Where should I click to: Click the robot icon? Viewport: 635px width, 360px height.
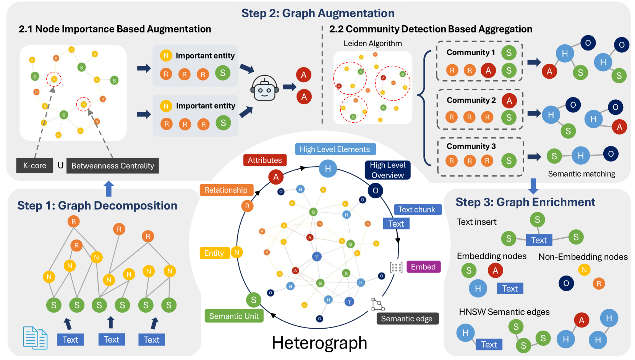click(x=264, y=88)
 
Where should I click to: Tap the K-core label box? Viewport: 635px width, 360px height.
click(x=35, y=165)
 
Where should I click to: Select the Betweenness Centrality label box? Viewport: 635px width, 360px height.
click(x=113, y=166)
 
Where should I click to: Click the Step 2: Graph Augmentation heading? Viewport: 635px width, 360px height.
click(x=318, y=13)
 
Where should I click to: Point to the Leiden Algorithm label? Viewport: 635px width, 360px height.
click(x=373, y=44)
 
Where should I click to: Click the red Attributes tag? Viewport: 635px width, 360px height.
click(x=265, y=160)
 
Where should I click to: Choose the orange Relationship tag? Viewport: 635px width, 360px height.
click(x=226, y=190)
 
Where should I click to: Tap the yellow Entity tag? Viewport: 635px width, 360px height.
click(x=214, y=253)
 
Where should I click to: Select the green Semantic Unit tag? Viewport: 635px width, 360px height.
click(x=234, y=316)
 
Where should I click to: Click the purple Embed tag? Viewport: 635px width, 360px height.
click(x=423, y=267)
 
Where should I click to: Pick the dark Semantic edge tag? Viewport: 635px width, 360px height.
click(x=407, y=319)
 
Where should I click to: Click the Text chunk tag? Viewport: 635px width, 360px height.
click(x=417, y=209)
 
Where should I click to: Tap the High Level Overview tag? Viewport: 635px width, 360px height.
click(x=387, y=170)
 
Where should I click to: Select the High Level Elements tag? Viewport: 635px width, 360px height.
click(x=335, y=149)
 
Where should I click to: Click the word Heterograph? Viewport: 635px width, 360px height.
click(x=319, y=343)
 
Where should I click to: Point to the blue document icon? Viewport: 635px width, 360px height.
click(x=35, y=338)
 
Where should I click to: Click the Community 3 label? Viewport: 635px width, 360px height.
click(x=471, y=146)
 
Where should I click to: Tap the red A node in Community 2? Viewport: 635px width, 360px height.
click(x=509, y=101)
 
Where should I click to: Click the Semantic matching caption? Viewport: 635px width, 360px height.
click(x=581, y=174)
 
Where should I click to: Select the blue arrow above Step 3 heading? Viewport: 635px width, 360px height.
click(x=533, y=186)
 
